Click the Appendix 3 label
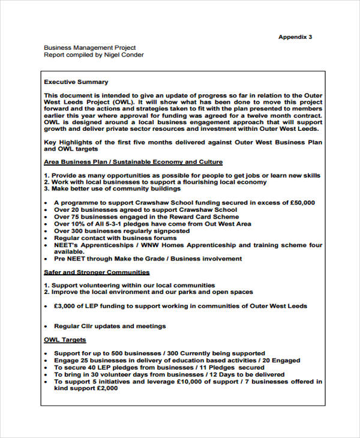(295, 37)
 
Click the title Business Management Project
(90, 47)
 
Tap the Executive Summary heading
(76, 82)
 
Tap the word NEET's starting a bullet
(66, 245)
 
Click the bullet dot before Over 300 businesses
(46, 231)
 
